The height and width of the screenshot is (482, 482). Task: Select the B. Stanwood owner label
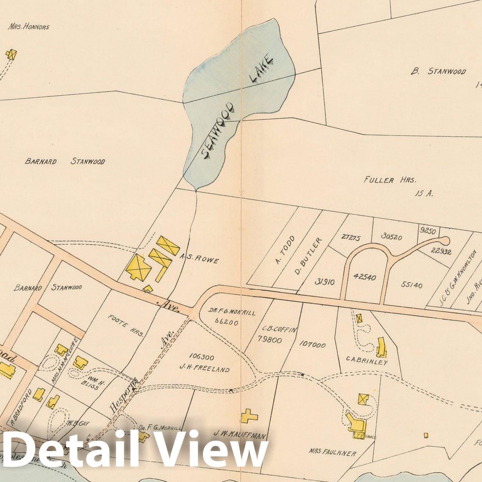point(438,71)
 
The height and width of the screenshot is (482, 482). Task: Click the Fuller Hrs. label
point(390,180)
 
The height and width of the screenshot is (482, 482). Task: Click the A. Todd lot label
point(285,250)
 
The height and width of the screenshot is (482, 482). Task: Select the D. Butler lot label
point(308,256)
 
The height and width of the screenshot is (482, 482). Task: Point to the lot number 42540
point(365,277)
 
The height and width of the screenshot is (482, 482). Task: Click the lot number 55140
point(411,285)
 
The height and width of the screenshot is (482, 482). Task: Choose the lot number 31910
point(324,281)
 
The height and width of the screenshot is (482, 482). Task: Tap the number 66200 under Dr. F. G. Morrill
point(226,322)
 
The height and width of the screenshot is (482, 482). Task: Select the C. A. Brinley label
point(367,362)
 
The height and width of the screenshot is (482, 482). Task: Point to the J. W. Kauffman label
point(240,434)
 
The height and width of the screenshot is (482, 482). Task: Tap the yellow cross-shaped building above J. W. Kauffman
point(249,416)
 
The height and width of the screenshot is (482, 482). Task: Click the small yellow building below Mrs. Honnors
point(11,54)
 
